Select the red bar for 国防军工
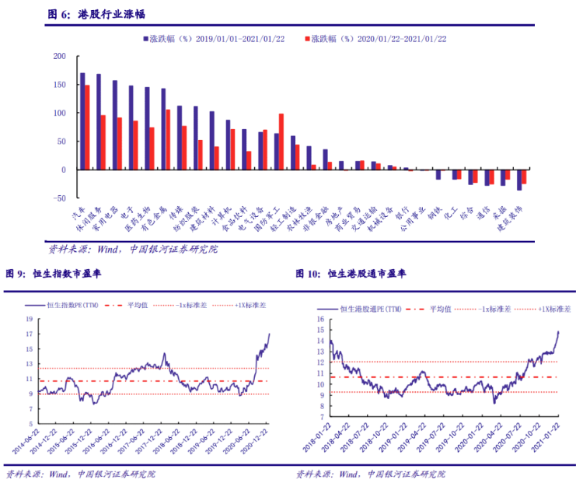281,142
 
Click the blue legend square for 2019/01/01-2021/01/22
145,37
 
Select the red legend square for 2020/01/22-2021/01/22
307,37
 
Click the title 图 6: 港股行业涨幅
97,14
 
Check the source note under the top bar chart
133,250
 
